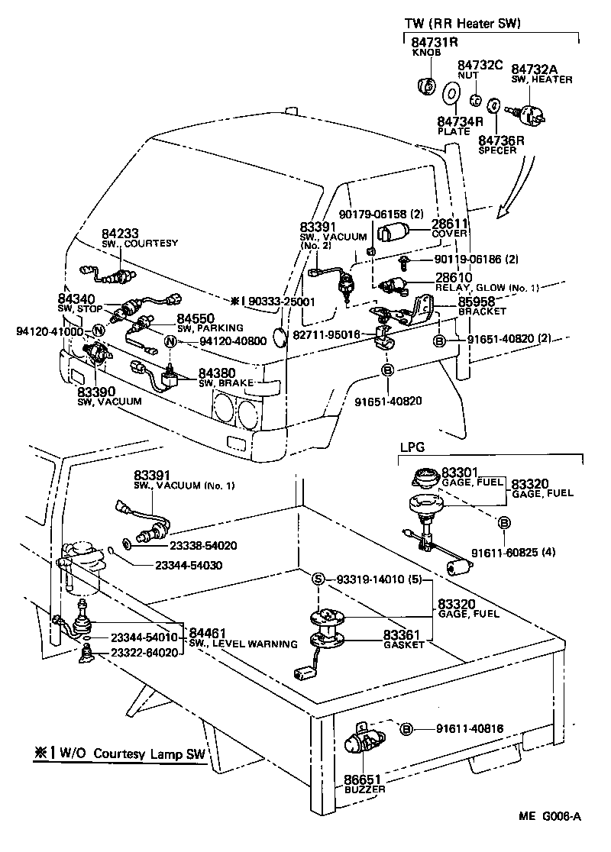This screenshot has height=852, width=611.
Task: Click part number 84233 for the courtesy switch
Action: tap(121, 234)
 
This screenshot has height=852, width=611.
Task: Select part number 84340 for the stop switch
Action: tap(76, 299)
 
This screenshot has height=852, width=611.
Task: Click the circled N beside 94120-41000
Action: tap(98, 331)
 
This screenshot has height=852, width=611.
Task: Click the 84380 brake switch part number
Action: tap(218, 373)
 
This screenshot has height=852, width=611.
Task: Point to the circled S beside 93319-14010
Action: tap(319, 580)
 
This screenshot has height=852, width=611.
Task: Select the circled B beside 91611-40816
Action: tap(406, 729)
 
